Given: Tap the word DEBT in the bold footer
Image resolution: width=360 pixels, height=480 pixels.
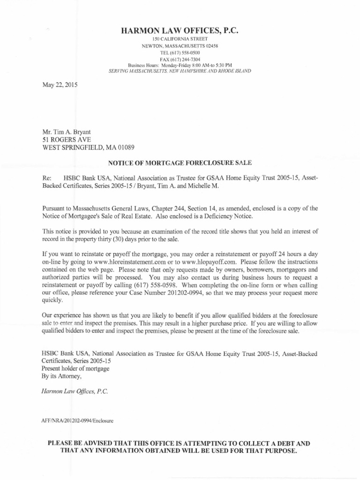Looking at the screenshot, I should (x=287, y=443).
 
